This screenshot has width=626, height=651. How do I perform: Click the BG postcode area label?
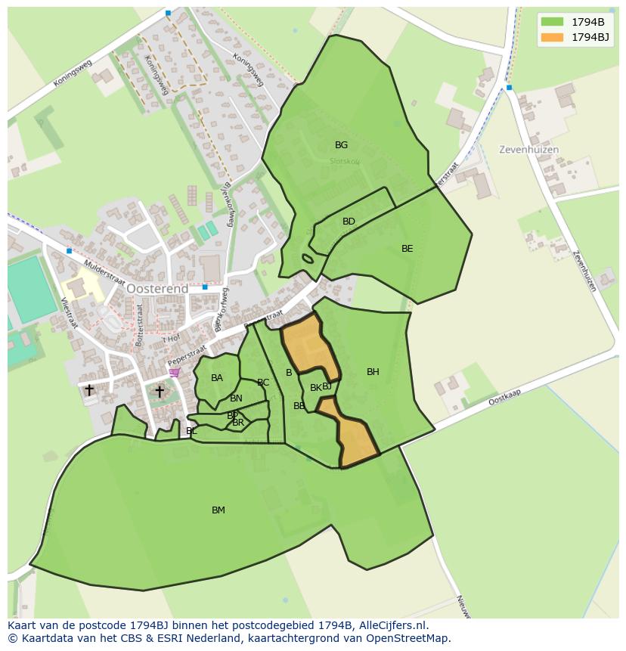tap(341, 145)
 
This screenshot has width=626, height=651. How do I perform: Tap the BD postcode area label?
tap(349, 222)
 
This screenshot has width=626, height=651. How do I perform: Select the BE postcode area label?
tap(408, 249)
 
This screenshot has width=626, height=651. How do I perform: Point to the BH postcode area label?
tap(373, 372)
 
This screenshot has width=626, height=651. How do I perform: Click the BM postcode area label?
tap(218, 510)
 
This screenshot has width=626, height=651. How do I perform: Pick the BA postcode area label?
tap(217, 378)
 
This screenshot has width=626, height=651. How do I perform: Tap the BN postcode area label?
tap(237, 398)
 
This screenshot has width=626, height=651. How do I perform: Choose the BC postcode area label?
tap(263, 383)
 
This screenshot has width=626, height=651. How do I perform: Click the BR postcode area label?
tap(238, 423)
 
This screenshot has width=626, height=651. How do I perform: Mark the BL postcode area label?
tap(191, 431)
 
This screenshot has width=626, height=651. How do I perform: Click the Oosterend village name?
tap(156, 289)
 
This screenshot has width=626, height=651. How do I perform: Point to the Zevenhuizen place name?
tap(528, 150)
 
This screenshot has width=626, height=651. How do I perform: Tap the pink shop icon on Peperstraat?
tap(175, 372)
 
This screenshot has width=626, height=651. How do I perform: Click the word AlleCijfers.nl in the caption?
tap(392, 625)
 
